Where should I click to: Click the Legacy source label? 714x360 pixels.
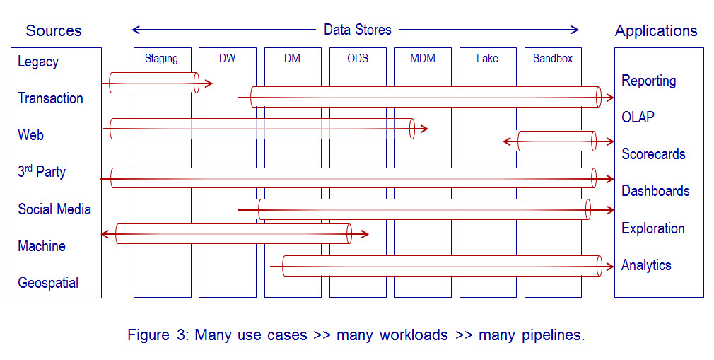[x=38, y=62]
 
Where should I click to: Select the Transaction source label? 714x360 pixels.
[x=50, y=99]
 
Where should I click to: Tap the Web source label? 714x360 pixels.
[x=30, y=135]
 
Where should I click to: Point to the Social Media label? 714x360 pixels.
[x=54, y=209]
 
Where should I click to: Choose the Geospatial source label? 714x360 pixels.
[x=48, y=283]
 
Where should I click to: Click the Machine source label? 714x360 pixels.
[x=42, y=246]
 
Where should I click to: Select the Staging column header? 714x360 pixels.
[x=161, y=59]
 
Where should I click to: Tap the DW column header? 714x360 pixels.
[x=227, y=59]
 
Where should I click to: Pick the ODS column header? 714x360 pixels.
[x=358, y=59]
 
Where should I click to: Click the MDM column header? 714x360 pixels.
[x=423, y=59]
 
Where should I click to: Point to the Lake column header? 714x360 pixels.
[x=487, y=59]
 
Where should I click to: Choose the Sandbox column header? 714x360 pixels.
[x=553, y=59]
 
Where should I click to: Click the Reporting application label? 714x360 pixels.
[x=648, y=81]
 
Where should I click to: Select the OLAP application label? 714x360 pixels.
[x=638, y=117]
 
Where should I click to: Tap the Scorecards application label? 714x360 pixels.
[x=653, y=154]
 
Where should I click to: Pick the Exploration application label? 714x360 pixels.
[x=652, y=228]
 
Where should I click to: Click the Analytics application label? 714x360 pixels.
[x=646, y=265]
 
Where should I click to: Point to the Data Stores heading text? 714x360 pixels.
[x=357, y=30]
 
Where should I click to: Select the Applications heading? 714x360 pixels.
[x=656, y=31]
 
